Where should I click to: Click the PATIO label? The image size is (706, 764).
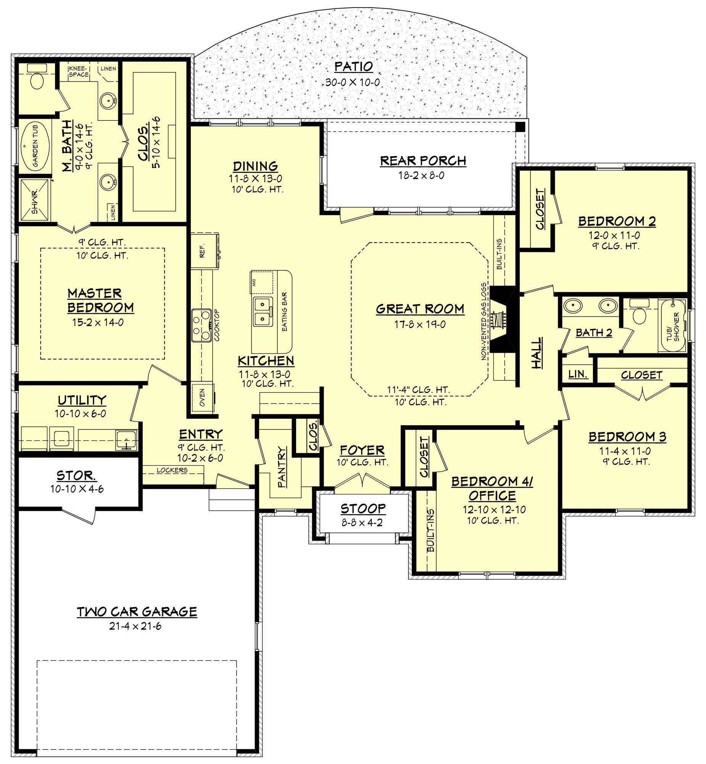coord(353,66)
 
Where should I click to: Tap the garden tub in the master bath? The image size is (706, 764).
coord(35,147)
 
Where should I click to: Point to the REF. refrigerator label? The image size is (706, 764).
coord(202,250)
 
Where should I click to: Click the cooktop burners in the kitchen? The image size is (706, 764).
coord(201,325)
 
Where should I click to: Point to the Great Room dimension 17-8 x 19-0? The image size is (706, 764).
coord(420,324)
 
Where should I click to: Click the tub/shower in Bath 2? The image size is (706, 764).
coord(672,325)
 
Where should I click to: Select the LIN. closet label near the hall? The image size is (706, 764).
coord(578,374)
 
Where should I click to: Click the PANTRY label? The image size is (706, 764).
coord(282,467)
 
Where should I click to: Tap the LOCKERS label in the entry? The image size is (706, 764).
coord(172,470)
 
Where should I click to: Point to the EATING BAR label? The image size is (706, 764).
coord(284,312)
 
